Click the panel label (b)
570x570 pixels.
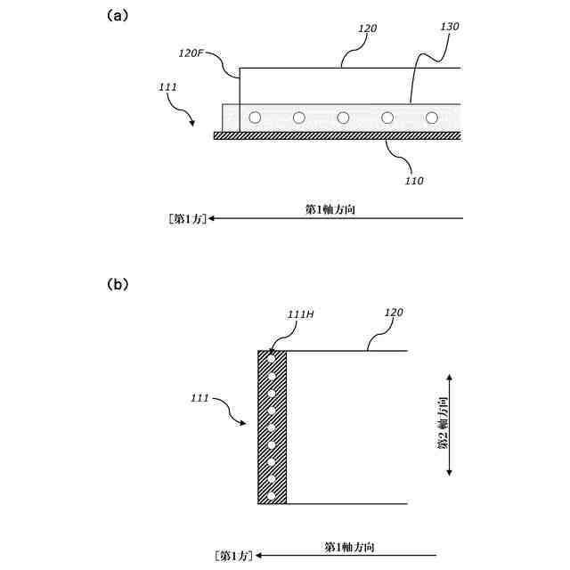click(118, 285)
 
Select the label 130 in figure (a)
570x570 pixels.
click(450, 27)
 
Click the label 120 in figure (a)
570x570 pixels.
click(367, 28)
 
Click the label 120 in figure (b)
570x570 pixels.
click(394, 313)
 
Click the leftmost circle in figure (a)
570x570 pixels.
click(256, 118)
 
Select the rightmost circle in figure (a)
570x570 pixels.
click(432, 118)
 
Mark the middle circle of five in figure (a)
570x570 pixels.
click(343, 118)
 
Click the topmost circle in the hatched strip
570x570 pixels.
click(272, 360)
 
